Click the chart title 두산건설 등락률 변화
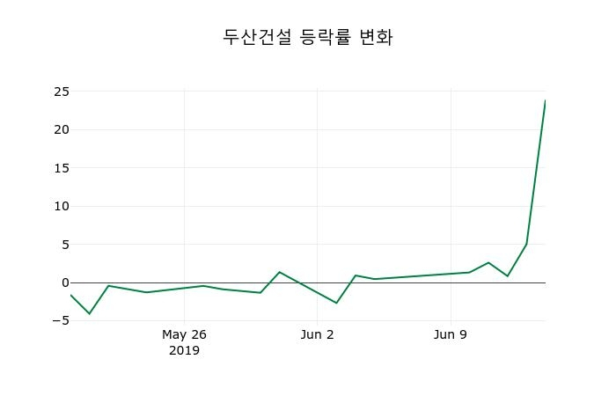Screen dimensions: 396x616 (307, 37)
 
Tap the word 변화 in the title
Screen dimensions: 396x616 (376, 37)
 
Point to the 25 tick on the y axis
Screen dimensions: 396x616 (61, 92)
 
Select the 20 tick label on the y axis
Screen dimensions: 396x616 (61, 129)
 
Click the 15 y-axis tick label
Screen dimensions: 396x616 (61, 168)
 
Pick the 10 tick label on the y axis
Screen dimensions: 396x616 (61, 206)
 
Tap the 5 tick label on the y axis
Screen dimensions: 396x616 (65, 245)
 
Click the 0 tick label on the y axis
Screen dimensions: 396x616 (65, 282)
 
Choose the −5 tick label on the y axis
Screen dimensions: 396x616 (61, 320)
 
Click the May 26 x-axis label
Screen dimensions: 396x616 (184, 334)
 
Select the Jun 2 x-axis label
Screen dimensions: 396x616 (317, 334)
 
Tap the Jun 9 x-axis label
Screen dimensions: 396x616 (451, 334)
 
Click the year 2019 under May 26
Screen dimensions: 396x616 (184, 350)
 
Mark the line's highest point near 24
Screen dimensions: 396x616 (545, 101)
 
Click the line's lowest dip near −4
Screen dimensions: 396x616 (89, 313)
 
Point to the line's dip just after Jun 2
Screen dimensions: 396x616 (336, 303)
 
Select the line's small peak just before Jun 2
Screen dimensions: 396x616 (279, 272)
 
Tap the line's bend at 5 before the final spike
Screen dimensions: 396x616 (526, 244)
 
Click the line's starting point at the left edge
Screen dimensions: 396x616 (70, 295)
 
